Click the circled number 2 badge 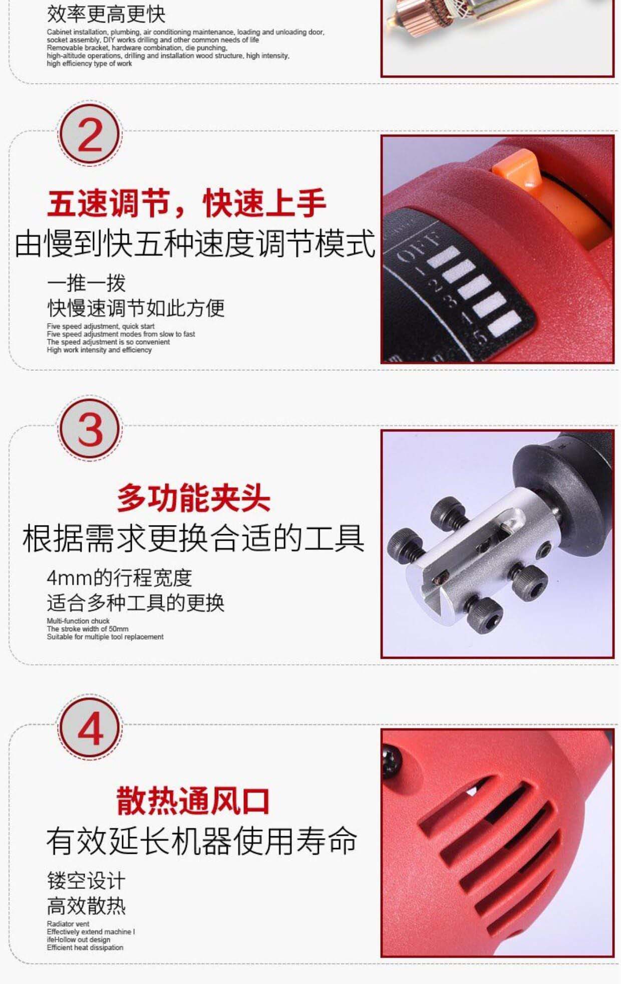[x=90, y=136]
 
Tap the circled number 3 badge [x=90, y=430]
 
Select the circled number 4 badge [x=90, y=729]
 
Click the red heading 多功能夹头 [x=194, y=498]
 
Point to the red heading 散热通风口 [x=193, y=801]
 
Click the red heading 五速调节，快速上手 [x=187, y=203]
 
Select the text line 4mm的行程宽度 [x=120, y=578]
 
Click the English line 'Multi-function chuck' [x=78, y=621]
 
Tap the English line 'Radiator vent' [x=68, y=923]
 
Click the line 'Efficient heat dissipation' [x=85, y=947]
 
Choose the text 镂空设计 [x=86, y=880]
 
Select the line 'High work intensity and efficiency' [x=99, y=350]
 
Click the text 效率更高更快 [x=106, y=14]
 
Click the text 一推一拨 [x=86, y=283]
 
